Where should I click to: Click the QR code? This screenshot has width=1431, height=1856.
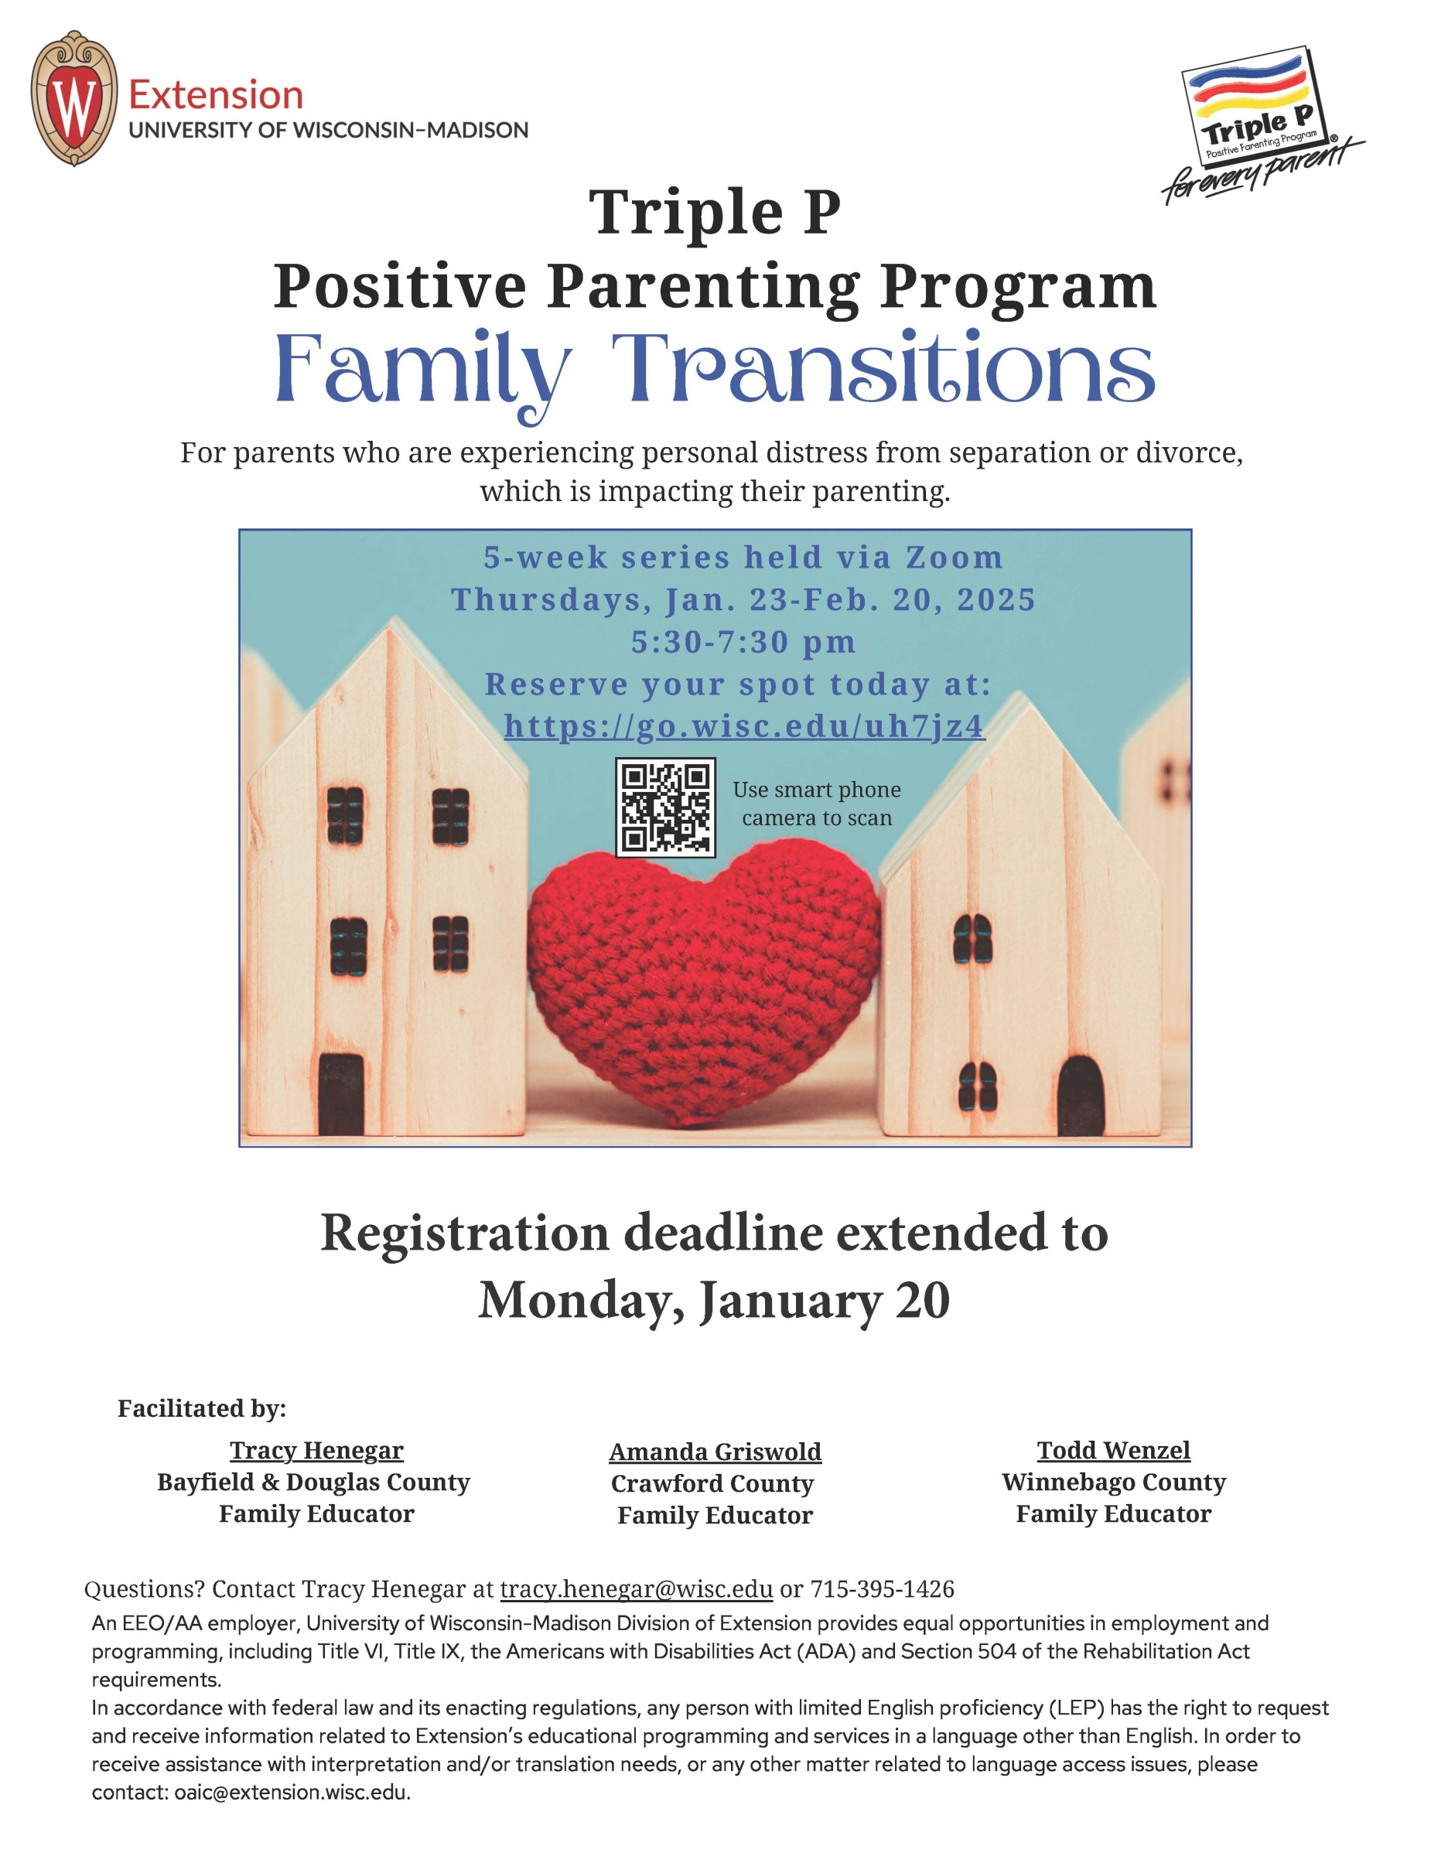[x=665, y=807]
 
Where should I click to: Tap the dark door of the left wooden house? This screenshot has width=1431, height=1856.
[x=341, y=1093]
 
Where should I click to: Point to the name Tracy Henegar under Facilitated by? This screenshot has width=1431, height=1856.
[x=316, y=1451]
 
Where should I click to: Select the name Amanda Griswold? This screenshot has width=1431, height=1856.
[x=715, y=1452]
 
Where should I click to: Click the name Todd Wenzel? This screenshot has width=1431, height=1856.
[x=1113, y=1451]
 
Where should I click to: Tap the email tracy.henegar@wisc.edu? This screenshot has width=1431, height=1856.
[x=637, y=1589]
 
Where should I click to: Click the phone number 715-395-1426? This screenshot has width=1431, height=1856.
[x=882, y=1589]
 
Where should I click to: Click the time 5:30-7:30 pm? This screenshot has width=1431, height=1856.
[x=743, y=642]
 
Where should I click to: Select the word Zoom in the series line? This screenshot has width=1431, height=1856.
[x=955, y=558]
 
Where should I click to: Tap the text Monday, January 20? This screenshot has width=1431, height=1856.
[x=714, y=1300]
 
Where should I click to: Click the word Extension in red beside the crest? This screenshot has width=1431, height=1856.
[x=216, y=94]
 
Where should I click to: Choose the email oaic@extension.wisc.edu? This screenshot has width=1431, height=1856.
[x=292, y=1793]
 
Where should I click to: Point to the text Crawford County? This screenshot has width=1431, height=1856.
[x=712, y=1484]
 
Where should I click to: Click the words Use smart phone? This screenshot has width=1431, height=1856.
[x=817, y=790]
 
